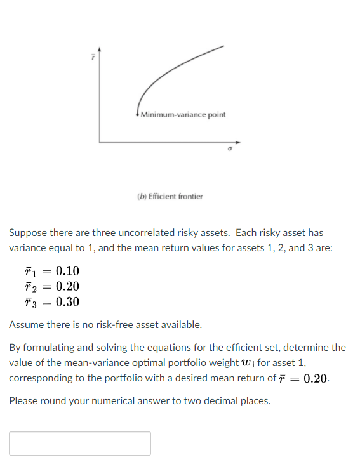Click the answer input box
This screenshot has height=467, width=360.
point(80,443)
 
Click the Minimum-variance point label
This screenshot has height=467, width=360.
point(183,115)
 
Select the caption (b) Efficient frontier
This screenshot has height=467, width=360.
point(170,197)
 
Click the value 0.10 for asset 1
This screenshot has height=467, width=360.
point(67,272)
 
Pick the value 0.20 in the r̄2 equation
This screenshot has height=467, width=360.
point(67,287)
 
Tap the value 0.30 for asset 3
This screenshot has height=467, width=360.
point(67,302)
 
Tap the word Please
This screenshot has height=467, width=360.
point(23,401)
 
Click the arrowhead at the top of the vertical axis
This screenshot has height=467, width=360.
point(98,48)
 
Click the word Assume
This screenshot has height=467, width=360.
point(26,325)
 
